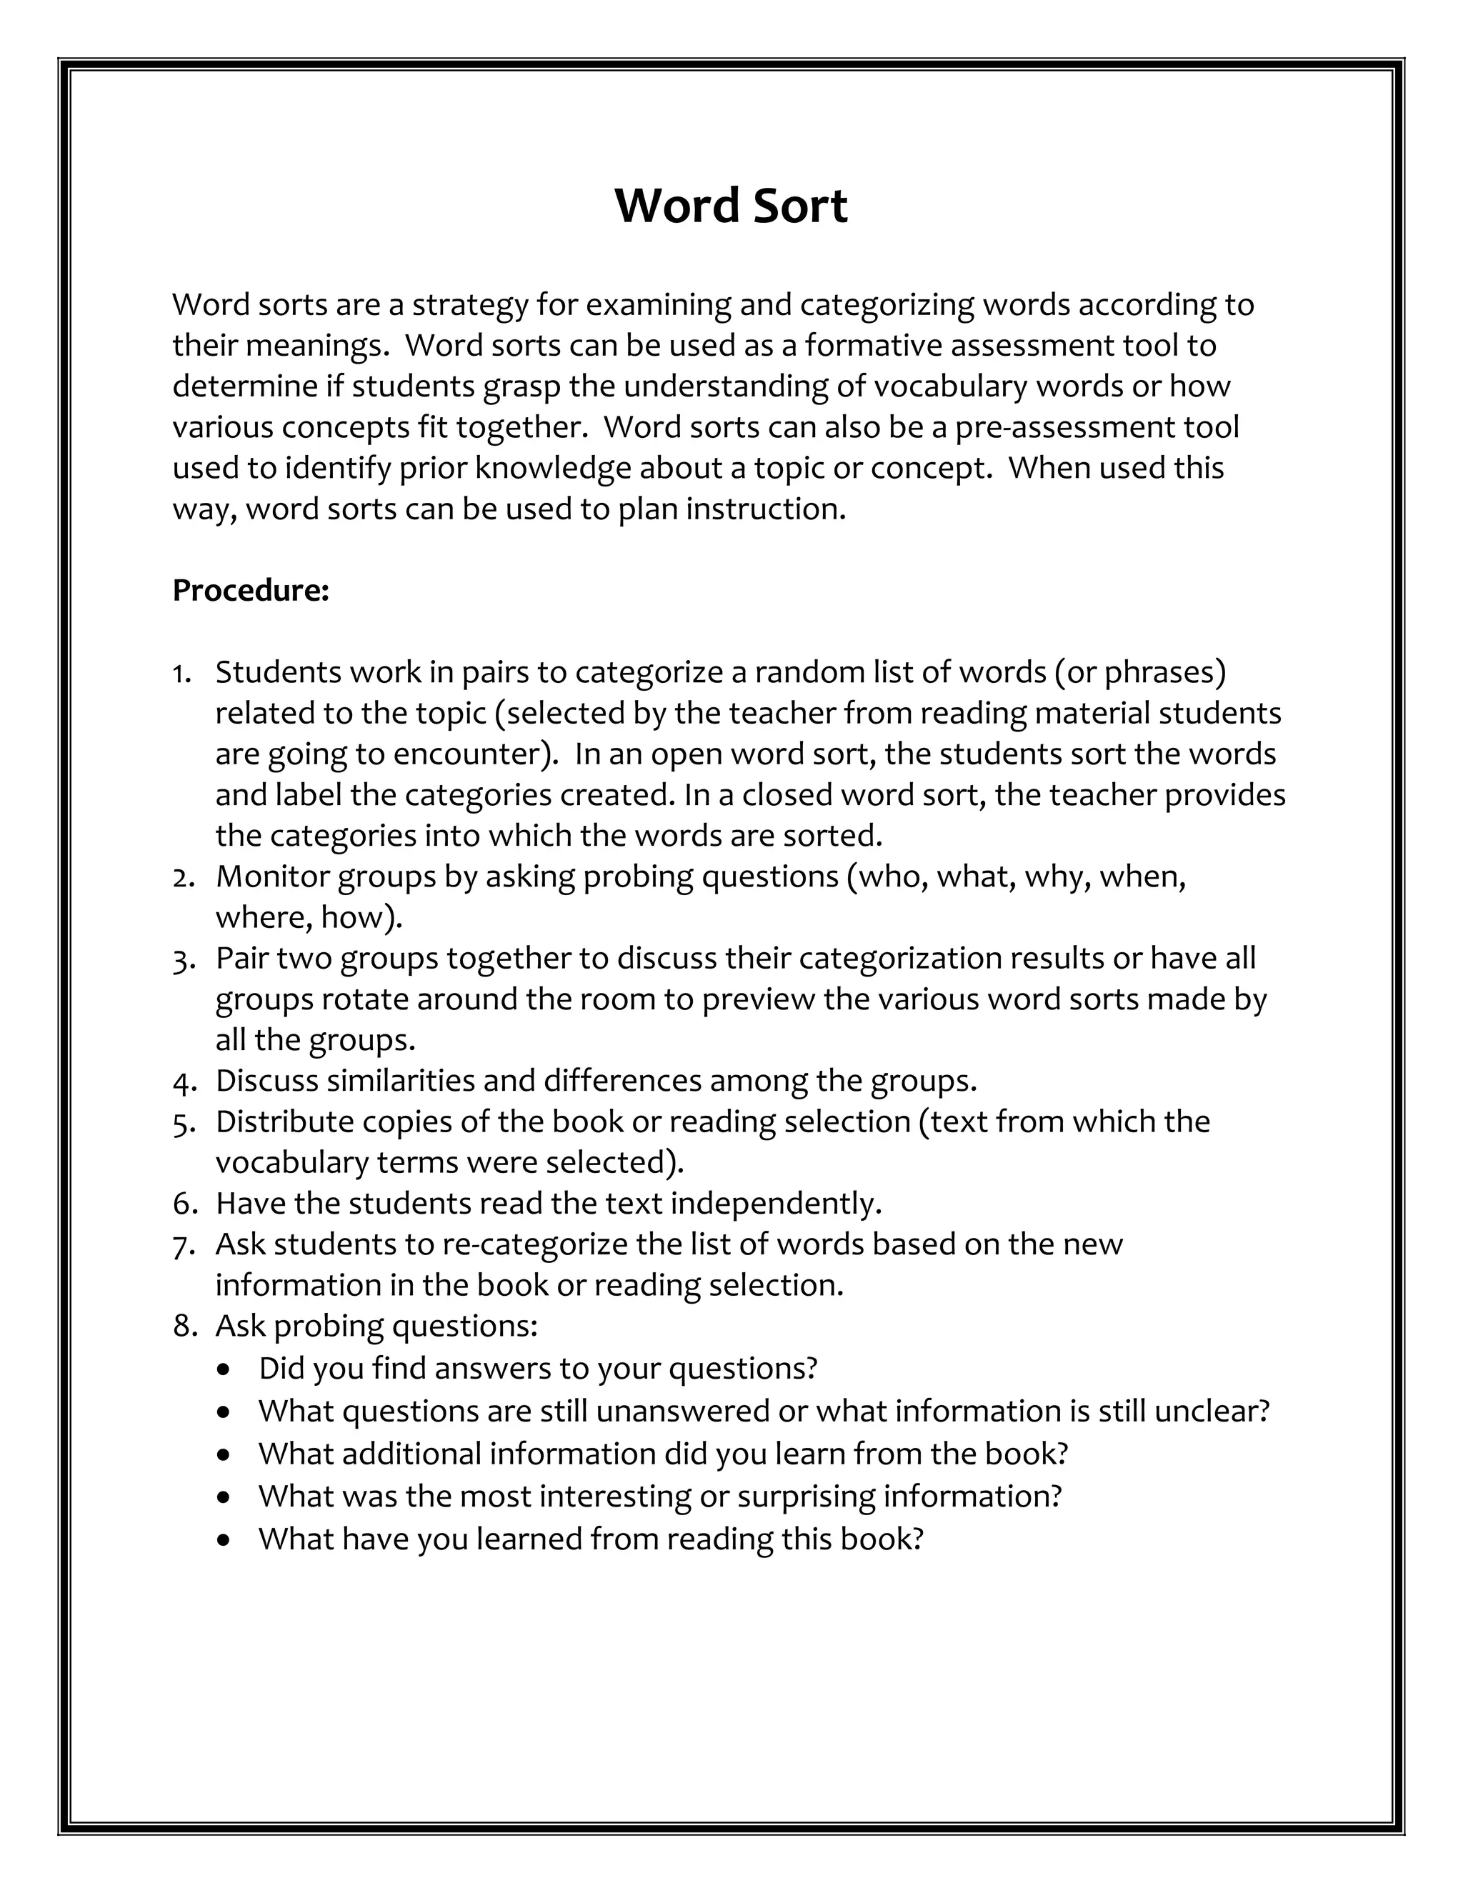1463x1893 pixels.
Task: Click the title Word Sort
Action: (731, 206)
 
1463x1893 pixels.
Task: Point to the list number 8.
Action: (182, 1326)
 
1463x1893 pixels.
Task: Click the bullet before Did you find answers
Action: (225, 1370)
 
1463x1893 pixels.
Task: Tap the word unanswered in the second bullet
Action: (682, 1411)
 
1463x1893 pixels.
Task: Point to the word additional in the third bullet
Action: (411, 1454)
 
